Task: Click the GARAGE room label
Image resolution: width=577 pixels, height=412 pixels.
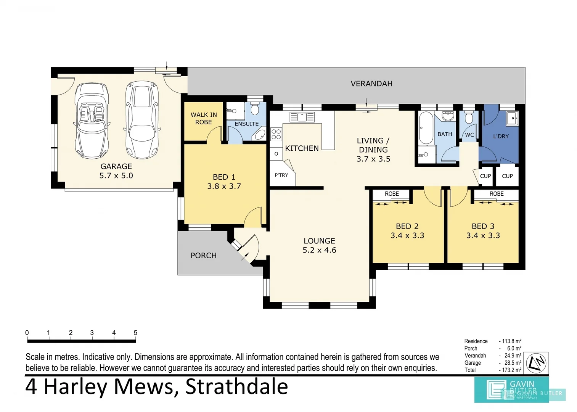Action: [116, 166]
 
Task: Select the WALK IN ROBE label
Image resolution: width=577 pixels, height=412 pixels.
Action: [203, 118]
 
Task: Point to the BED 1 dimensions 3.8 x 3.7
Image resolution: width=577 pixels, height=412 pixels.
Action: [224, 186]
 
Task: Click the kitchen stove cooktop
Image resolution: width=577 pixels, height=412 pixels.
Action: [276, 134]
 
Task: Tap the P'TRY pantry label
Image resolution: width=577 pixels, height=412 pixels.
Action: [281, 175]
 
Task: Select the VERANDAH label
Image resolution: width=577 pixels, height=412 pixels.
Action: [371, 84]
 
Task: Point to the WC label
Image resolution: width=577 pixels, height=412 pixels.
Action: [469, 135]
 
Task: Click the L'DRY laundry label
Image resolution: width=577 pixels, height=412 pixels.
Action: [501, 136]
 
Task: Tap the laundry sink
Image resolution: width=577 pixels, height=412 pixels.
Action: [512, 118]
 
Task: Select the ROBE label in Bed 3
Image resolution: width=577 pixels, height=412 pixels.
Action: [496, 194]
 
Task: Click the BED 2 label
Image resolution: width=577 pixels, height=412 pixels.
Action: [407, 226]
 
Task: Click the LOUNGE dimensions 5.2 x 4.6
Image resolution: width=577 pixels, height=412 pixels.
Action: [319, 250]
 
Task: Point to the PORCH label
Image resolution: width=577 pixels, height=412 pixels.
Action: [203, 256]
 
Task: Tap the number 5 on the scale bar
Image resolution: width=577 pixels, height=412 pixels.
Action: [135, 333]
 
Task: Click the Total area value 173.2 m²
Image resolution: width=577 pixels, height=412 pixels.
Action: [511, 370]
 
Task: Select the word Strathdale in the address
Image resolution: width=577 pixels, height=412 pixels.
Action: [236, 386]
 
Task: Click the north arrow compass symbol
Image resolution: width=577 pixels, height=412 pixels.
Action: [536, 363]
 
